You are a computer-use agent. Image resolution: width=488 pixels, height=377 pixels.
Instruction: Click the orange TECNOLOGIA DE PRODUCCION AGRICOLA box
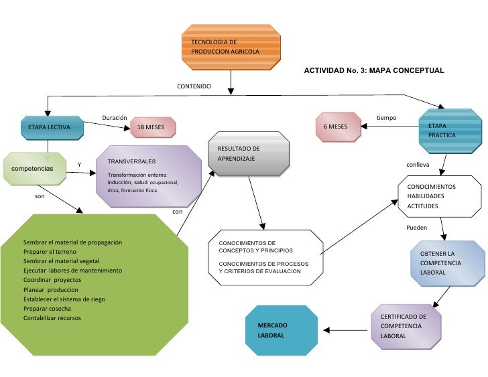[x=231, y=48]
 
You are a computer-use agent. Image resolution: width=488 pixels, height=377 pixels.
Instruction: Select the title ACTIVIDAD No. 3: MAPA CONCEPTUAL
[x=374, y=70]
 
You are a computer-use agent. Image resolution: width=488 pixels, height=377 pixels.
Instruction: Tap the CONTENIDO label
[x=194, y=87]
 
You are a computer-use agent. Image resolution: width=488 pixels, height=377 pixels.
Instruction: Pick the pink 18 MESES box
[x=152, y=127]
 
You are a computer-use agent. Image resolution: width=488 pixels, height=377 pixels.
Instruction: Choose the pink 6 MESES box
[x=337, y=127]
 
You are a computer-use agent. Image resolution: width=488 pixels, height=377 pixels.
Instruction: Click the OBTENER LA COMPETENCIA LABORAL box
[x=447, y=263]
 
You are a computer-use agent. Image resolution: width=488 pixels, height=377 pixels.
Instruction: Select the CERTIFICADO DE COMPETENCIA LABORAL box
[x=406, y=326]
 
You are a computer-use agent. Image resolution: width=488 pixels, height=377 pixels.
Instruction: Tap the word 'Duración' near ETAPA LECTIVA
[x=114, y=118]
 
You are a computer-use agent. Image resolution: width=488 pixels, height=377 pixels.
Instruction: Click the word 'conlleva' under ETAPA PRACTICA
[x=418, y=164]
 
